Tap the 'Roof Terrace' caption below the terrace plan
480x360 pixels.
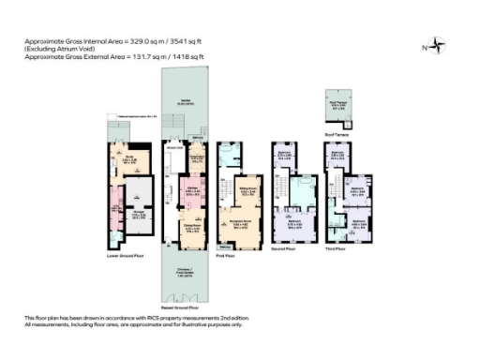click(337, 135)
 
